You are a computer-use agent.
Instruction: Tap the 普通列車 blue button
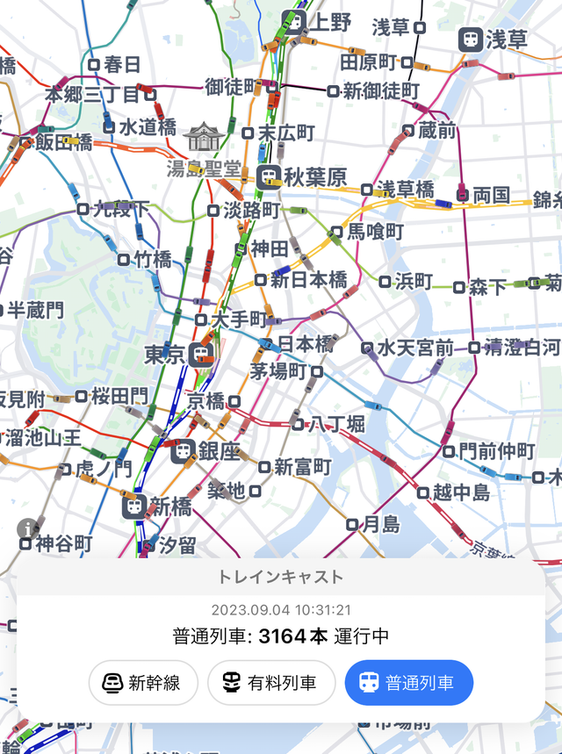409,682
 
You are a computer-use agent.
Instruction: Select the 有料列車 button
271,682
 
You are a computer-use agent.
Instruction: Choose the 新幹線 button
143,682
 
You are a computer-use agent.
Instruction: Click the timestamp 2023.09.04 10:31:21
281,610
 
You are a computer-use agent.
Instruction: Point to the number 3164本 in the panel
292,636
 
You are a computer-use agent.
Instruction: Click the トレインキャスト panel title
281,577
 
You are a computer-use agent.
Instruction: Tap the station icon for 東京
201,355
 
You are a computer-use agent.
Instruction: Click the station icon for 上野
293,22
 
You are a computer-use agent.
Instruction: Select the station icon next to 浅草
472,39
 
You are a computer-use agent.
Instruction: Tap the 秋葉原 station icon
269,176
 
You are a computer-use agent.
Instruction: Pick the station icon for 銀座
184,451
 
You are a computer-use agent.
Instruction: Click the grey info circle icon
28,528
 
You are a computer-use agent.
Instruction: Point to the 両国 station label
492,195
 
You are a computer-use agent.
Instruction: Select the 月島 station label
380,524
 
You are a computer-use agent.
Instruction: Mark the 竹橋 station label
152,259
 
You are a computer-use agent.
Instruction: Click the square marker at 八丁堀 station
299,424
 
